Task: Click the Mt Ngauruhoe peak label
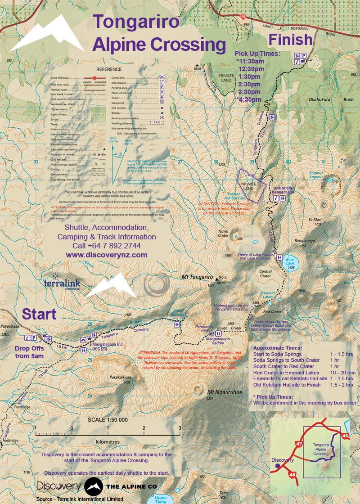(221, 392)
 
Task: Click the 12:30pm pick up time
(251, 69)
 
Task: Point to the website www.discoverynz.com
(107, 255)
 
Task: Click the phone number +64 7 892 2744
(107, 246)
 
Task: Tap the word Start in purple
(39, 314)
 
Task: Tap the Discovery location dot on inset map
(277, 466)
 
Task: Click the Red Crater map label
(272, 311)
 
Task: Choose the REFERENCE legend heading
(108, 69)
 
